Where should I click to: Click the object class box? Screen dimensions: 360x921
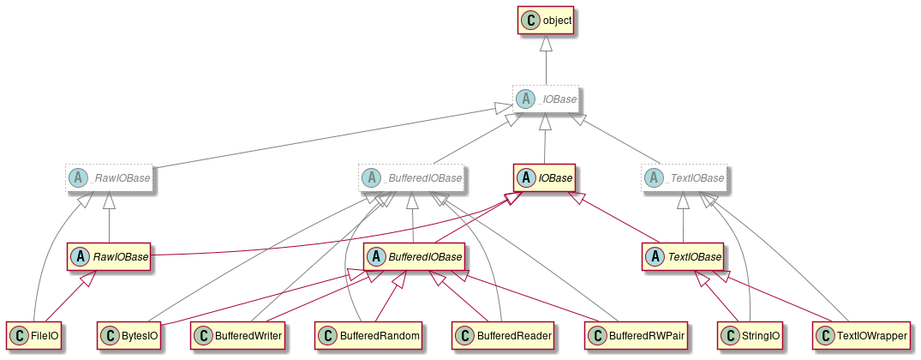pyautogui.click(x=546, y=20)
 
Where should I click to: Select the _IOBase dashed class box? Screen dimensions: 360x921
pyautogui.click(x=546, y=99)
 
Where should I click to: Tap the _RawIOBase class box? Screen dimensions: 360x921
pyautogui.click(x=109, y=178)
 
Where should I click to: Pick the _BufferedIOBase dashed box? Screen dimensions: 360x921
pyautogui.click(x=411, y=178)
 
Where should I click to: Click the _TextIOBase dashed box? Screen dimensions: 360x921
pyautogui.click(x=683, y=178)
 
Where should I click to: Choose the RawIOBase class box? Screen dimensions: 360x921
pyautogui.click(x=109, y=256)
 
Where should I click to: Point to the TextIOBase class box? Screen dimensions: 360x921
pyautogui.click(x=683, y=256)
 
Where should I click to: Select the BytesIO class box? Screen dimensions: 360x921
pyautogui.click(x=131, y=335)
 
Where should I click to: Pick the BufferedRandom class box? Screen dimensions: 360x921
pyautogui.click(x=370, y=335)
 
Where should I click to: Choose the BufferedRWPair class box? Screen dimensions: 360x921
pyautogui.click(x=640, y=335)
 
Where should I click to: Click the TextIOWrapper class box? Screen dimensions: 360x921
pyautogui.click(x=861, y=335)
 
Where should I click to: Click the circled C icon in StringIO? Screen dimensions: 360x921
pyautogui.click(x=730, y=335)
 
